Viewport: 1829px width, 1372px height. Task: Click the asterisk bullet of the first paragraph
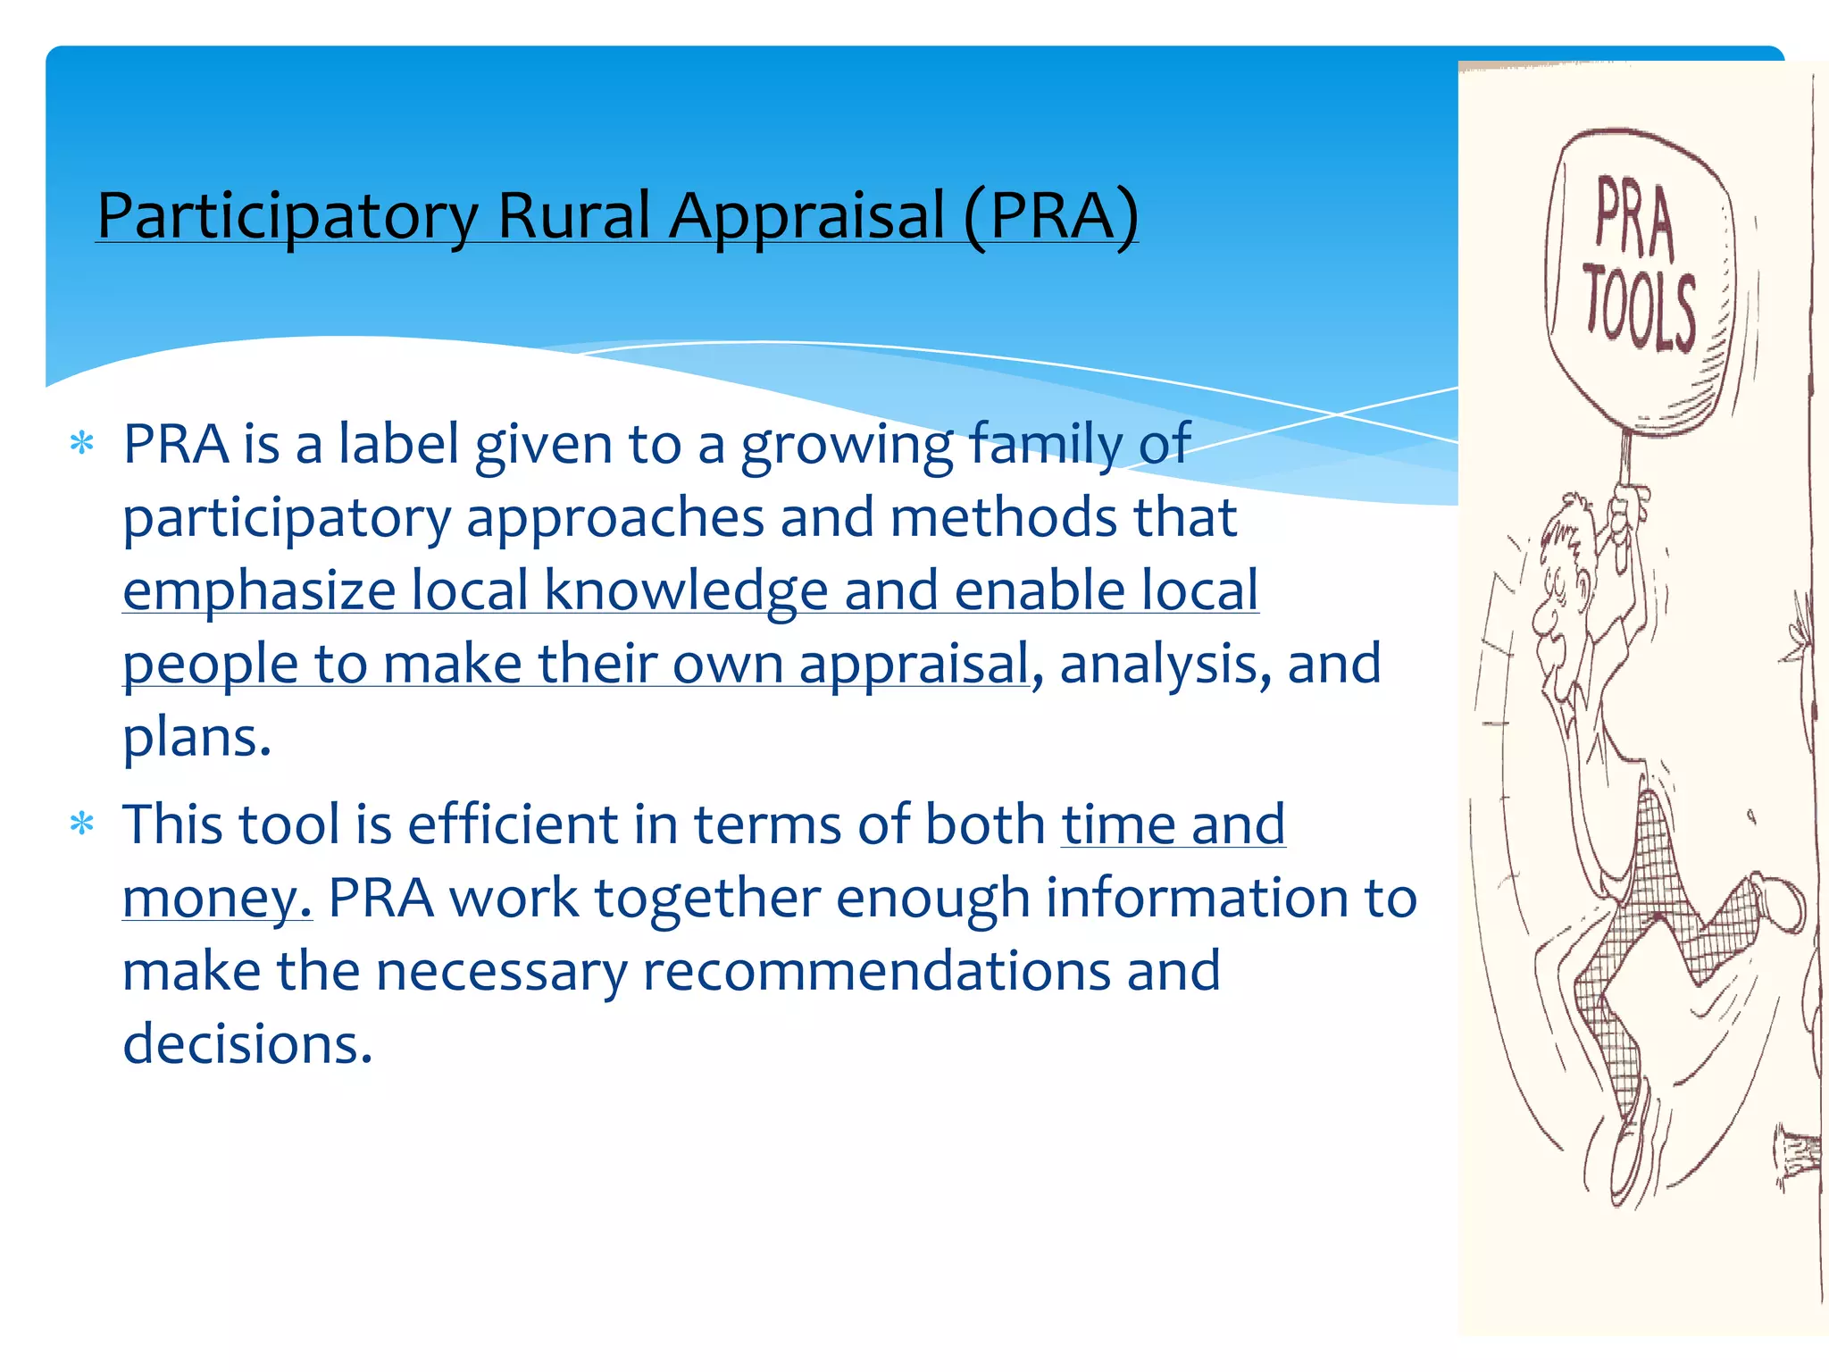click(x=82, y=444)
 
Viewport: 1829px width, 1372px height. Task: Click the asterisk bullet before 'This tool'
click(x=82, y=824)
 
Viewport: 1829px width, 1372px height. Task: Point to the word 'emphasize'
click(x=259, y=592)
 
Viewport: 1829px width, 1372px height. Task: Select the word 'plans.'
click(x=196, y=739)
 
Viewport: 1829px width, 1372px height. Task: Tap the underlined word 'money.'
click(x=217, y=899)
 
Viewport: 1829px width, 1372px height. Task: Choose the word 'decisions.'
click(x=247, y=1044)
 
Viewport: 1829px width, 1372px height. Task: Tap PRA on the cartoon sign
click(x=1634, y=217)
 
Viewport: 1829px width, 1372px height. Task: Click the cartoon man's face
click(x=1558, y=607)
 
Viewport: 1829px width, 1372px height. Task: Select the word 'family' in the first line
click(x=1045, y=444)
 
